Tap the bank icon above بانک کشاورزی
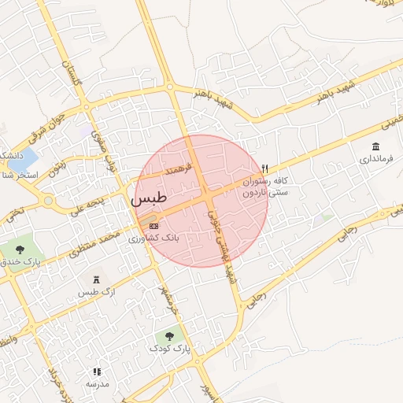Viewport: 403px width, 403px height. tap(153, 225)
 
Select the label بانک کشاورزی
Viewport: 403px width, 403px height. tap(154, 237)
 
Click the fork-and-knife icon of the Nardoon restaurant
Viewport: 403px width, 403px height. tap(264, 168)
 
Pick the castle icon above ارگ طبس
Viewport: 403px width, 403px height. tap(97, 280)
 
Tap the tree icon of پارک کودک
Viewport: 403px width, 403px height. tap(170, 337)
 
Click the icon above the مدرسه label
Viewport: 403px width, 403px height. tap(98, 372)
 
